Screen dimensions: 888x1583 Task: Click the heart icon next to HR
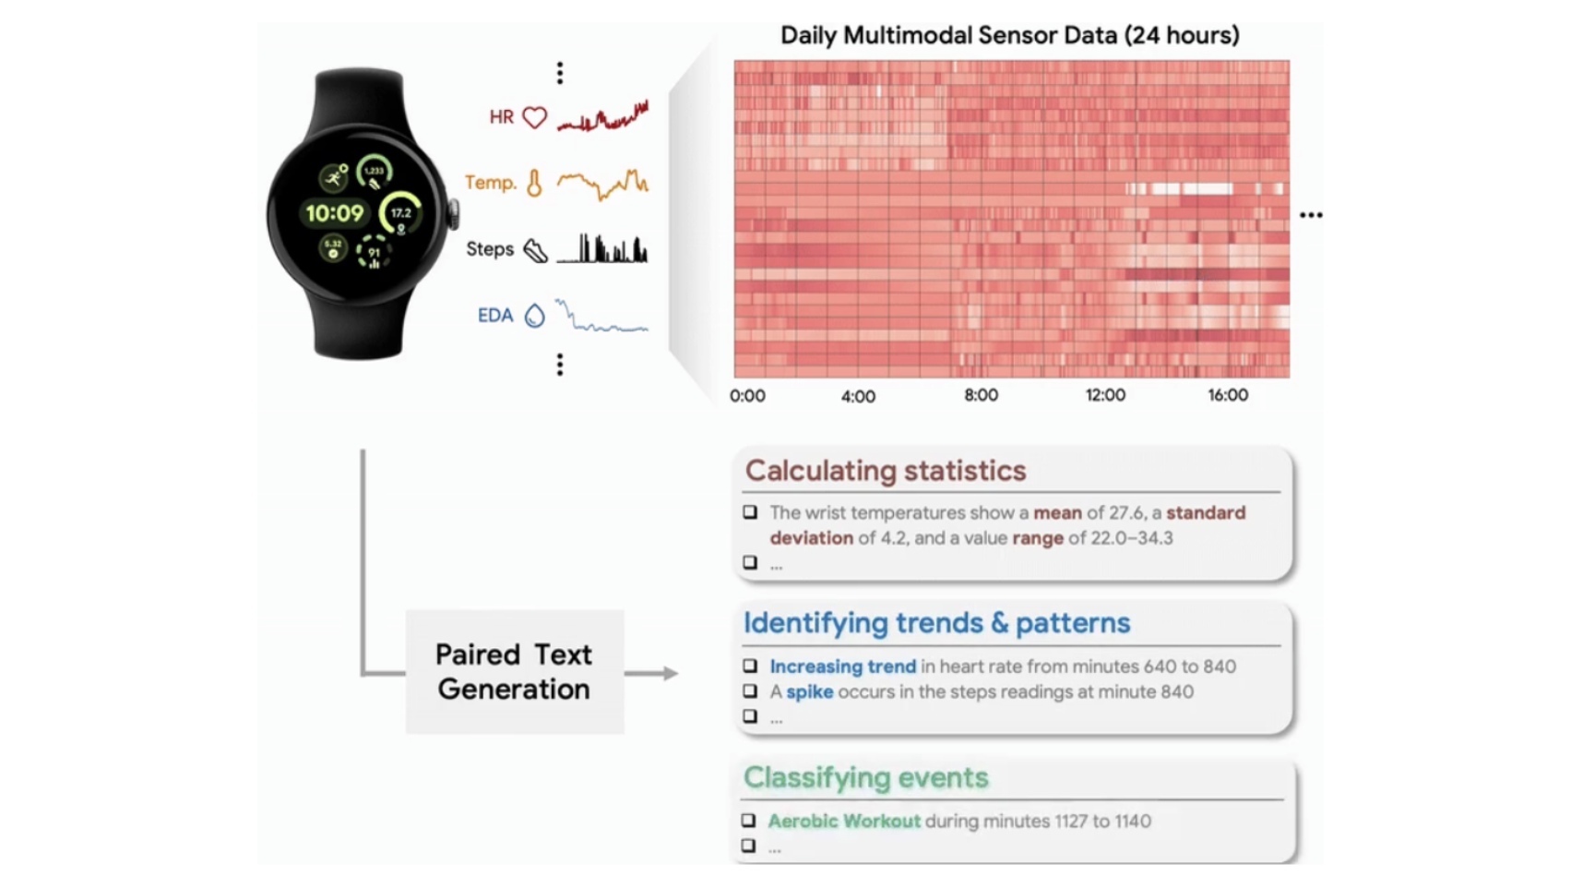[534, 118]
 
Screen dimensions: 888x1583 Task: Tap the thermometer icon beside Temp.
[534, 184]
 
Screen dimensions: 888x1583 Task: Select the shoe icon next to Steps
[535, 250]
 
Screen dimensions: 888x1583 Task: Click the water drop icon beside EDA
[534, 316]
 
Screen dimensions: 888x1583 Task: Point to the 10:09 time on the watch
[334, 214]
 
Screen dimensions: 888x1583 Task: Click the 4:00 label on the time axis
[858, 397]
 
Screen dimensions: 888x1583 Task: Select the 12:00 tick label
[1105, 395]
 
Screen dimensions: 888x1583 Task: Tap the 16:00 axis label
[1228, 395]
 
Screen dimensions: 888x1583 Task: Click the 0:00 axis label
[747, 396]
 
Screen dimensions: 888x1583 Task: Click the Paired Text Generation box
[514, 672]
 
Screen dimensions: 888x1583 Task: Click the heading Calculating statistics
[886, 471]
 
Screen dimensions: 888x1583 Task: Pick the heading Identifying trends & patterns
[936, 623]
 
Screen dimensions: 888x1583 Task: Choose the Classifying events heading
[865, 778]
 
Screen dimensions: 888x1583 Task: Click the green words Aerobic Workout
[844, 821]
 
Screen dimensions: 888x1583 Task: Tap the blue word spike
[809, 691]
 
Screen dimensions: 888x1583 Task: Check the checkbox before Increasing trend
[750, 666]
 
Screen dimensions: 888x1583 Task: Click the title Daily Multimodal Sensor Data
[1009, 35]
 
